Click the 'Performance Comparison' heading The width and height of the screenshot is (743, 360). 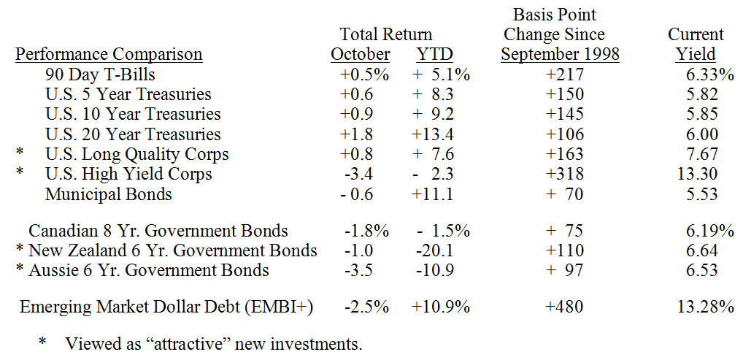pos(109,55)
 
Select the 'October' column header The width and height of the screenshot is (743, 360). pos(361,55)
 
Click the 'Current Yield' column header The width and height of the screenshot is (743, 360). pos(696,45)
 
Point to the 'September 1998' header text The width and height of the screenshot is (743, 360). pos(560,55)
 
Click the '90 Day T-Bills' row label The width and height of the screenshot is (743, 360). pos(100,74)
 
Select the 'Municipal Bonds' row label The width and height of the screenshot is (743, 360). pos(109,194)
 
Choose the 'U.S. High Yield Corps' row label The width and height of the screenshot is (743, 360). pos(128,174)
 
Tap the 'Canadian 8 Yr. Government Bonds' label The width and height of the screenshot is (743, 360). pos(158,231)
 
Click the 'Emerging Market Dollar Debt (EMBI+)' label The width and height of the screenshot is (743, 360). pos(166,307)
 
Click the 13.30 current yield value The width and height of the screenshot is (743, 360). pos(697,174)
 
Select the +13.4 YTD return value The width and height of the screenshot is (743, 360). pos(434,134)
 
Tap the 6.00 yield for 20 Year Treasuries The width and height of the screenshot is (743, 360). pos(701,134)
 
